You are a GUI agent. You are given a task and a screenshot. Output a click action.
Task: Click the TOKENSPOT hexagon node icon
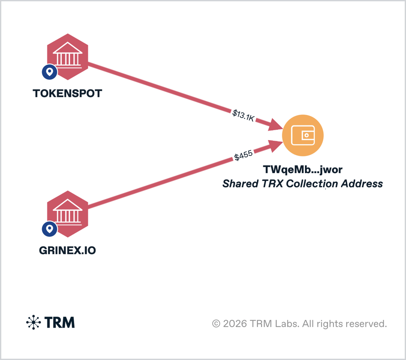click(x=67, y=57)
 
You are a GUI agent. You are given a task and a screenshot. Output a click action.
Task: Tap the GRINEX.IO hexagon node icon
click(x=67, y=214)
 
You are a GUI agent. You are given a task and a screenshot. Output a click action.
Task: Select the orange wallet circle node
click(x=303, y=135)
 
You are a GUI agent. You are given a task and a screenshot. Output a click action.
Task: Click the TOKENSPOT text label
click(x=67, y=93)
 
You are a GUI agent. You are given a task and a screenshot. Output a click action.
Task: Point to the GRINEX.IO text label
click(x=67, y=250)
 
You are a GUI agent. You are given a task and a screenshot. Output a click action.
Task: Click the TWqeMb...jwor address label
click(x=303, y=169)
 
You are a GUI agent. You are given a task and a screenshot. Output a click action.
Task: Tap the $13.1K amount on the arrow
click(x=243, y=116)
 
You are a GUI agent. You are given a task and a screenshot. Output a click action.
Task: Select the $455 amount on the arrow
click(x=243, y=155)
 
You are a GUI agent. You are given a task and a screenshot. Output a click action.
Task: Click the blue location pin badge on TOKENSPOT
click(x=50, y=72)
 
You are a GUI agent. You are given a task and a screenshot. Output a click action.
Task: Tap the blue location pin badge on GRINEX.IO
click(x=50, y=229)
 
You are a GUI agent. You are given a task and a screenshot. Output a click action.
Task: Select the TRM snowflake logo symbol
click(x=33, y=322)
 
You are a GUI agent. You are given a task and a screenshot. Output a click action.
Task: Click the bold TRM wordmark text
click(x=59, y=322)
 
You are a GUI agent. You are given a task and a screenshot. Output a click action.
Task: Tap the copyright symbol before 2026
click(x=216, y=324)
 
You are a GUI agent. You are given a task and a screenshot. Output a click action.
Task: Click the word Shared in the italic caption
click(x=240, y=183)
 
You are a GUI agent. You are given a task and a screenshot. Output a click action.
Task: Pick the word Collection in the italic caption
click(x=312, y=183)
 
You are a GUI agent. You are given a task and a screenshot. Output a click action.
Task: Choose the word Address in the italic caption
click(x=362, y=183)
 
